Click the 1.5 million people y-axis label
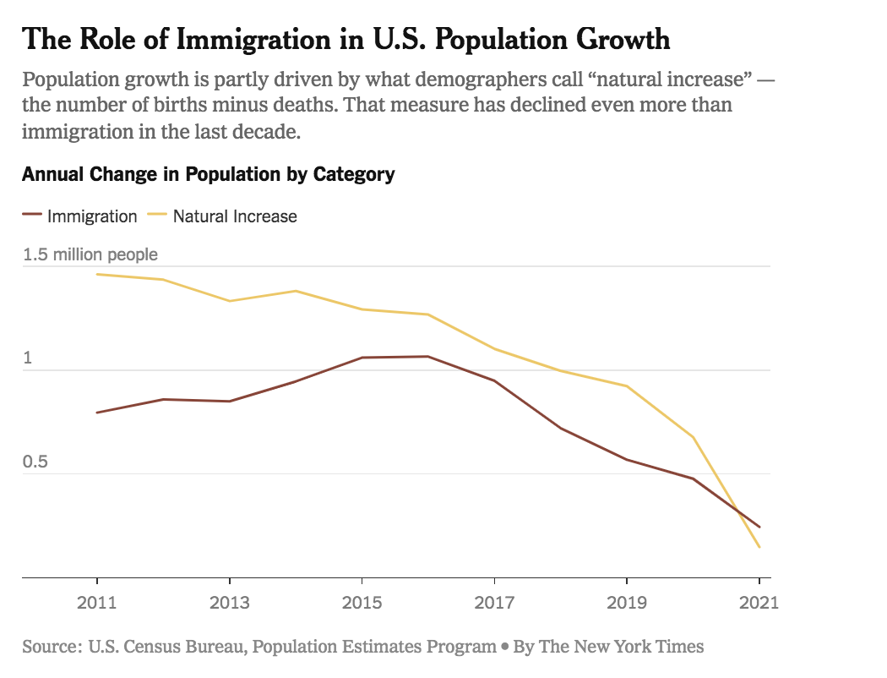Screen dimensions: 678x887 90,254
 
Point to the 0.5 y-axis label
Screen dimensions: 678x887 37,462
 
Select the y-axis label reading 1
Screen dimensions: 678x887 27,358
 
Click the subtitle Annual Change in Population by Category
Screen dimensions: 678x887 208,175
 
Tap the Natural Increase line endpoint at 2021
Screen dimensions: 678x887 759,547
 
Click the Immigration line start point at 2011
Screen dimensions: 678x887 97,413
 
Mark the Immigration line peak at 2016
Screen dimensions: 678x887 428,356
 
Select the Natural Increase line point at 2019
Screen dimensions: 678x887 627,386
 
